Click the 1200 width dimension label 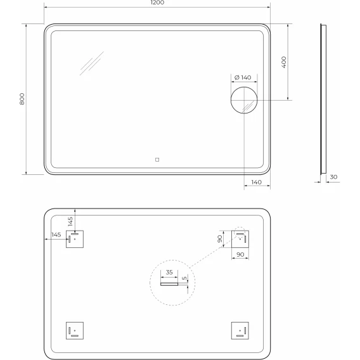(x=157, y=3)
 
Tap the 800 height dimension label (x=22, y=99)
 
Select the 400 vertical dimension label (x=284, y=62)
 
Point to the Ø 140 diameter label (x=243, y=77)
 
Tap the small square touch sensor (x=157, y=160)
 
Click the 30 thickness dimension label (x=333, y=177)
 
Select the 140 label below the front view (x=256, y=183)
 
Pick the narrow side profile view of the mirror (x=323, y=99)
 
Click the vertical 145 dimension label (x=70, y=221)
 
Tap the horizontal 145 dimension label (x=56, y=235)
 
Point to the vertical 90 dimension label (x=220, y=239)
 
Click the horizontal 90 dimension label (x=240, y=255)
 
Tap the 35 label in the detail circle (x=169, y=273)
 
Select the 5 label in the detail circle (x=184, y=278)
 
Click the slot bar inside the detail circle (x=169, y=284)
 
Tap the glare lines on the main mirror (x=91, y=63)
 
